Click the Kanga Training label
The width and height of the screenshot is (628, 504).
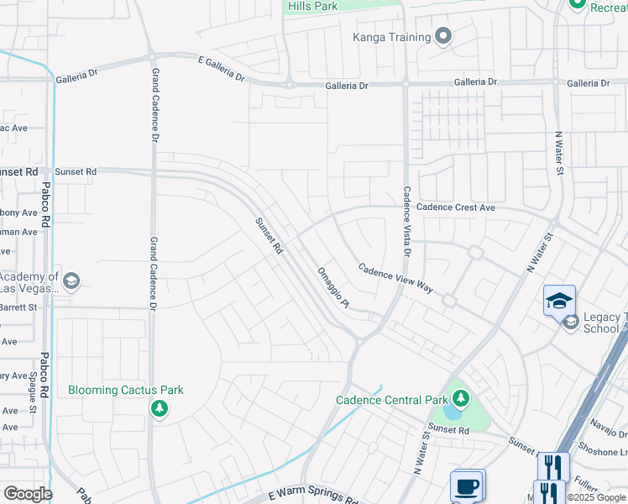pos(391,37)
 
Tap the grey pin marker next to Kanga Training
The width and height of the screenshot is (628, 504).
pos(444,36)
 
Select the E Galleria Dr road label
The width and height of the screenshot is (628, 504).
pos(222,68)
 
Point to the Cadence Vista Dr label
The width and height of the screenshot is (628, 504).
pos(407,221)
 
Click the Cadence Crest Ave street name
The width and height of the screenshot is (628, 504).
pos(456,207)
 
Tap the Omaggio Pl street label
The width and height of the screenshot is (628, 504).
pos(332,288)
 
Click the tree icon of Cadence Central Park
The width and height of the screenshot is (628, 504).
pos(460,397)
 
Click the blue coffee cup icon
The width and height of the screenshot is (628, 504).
pos(466,486)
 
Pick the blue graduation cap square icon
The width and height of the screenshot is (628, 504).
pos(560,300)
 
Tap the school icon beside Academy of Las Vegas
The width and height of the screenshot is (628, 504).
pos(71,281)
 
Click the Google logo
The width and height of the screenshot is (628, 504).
pos(27,494)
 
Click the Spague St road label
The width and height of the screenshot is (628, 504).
pos(34,394)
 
